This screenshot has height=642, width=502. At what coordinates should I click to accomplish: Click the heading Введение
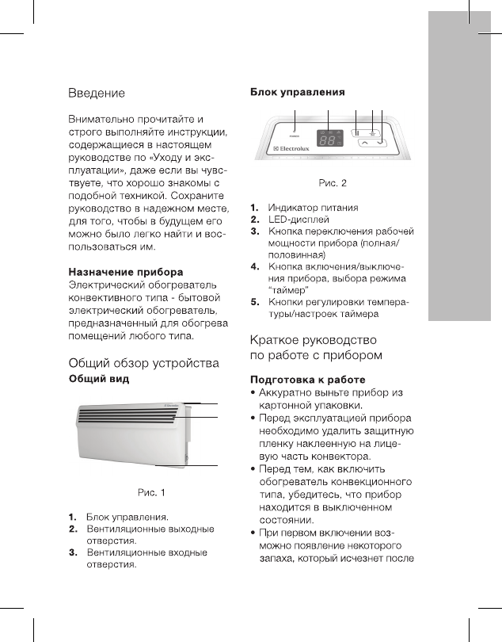pos(97,94)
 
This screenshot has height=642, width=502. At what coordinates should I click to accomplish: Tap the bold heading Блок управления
pos(298,93)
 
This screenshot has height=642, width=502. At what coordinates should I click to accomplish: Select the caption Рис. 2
pos(332,184)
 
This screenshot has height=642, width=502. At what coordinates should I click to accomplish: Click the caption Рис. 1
pos(152,493)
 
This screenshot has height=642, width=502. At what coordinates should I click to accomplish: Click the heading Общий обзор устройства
pos(143,364)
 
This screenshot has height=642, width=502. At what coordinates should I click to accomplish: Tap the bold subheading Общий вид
pos(99,380)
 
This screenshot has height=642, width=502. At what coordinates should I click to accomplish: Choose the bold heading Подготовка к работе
pos(307,380)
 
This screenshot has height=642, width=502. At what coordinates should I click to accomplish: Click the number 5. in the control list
pos(255,303)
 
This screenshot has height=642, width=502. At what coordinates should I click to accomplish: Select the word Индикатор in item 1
pos(292,208)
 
